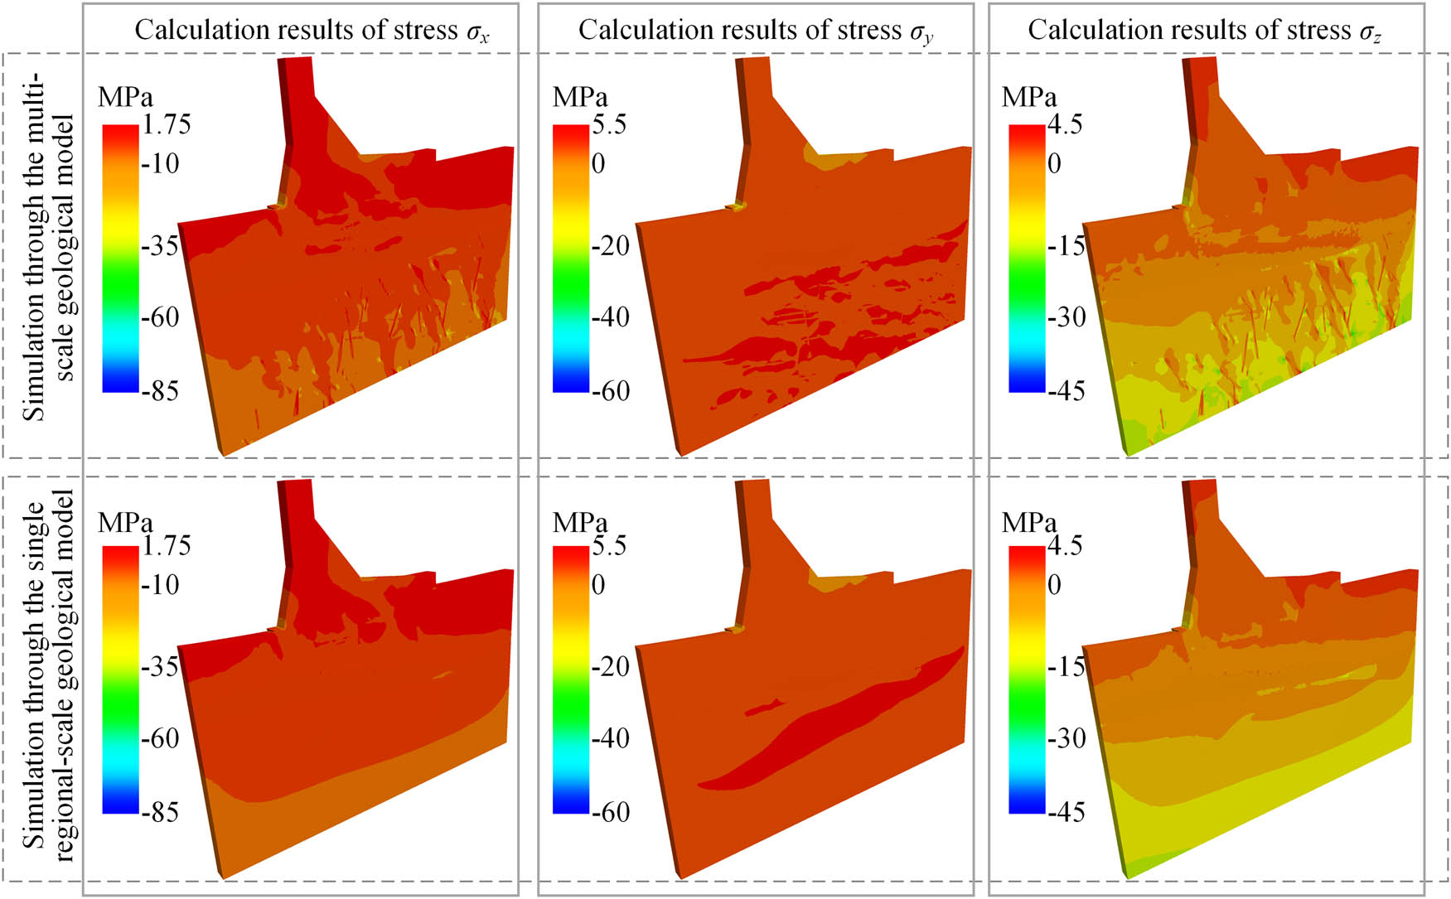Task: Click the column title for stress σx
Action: (312, 31)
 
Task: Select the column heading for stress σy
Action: (755, 31)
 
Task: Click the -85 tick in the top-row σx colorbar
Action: (160, 391)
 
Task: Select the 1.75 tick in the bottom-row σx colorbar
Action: (166, 546)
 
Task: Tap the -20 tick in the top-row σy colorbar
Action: (611, 246)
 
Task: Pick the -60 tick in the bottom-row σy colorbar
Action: (611, 812)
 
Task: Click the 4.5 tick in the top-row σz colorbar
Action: (1064, 125)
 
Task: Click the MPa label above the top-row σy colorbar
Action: (580, 98)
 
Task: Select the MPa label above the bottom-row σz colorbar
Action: (1029, 523)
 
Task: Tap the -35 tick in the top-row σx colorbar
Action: (160, 246)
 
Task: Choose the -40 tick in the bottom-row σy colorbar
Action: (611, 738)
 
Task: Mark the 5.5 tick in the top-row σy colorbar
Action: (609, 125)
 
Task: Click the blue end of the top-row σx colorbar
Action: (120, 384)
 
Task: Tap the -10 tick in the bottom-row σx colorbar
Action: (160, 585)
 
